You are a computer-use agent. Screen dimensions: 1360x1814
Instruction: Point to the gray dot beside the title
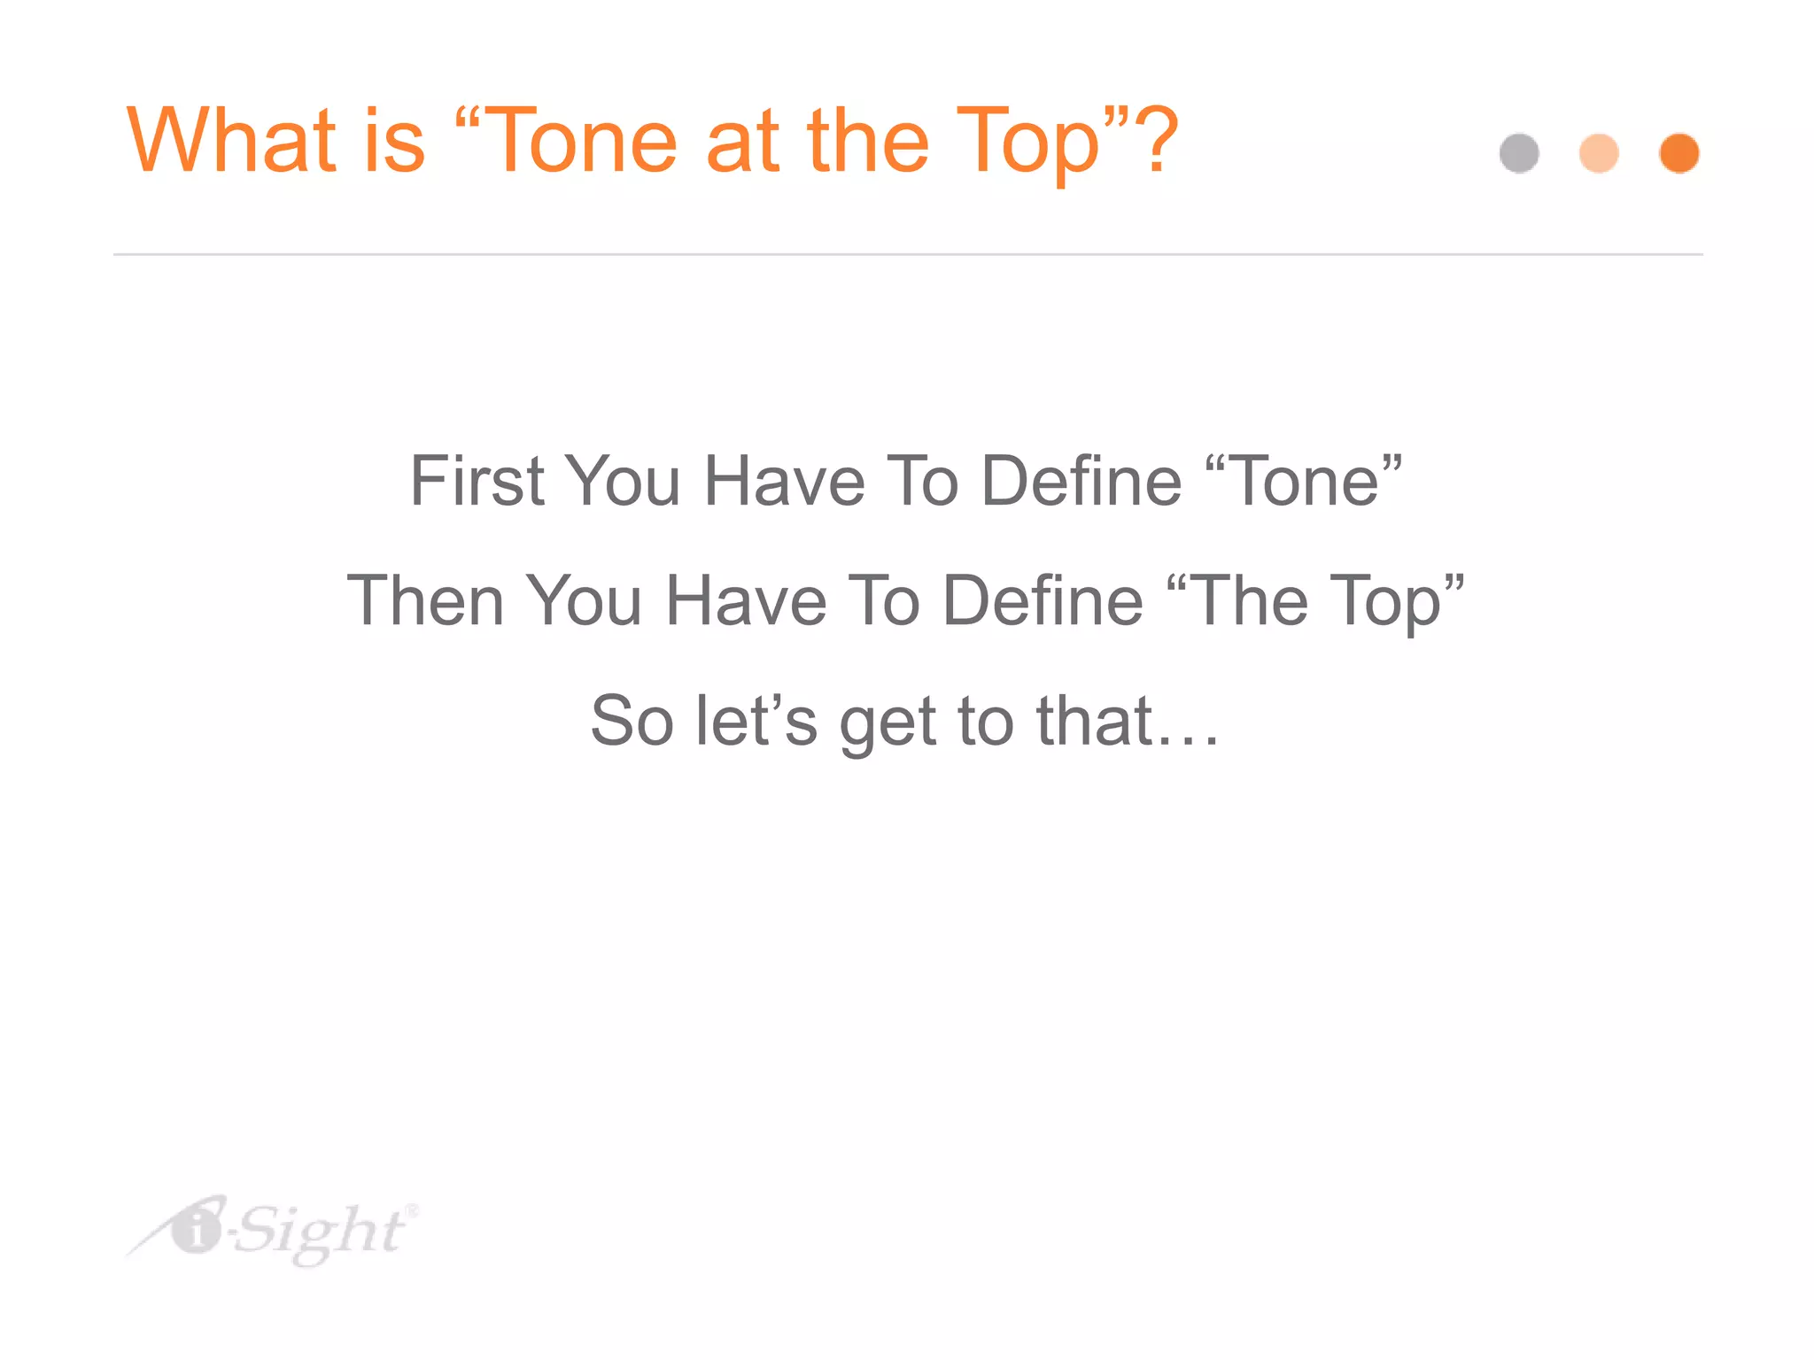coord(1519,153)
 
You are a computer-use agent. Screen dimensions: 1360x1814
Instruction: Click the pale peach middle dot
coord(1599,153)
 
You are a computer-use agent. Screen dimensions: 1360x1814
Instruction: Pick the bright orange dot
coord(1678,153)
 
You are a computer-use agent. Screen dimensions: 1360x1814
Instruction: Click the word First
coord(477,481)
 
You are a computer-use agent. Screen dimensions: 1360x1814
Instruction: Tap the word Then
coord(425,600)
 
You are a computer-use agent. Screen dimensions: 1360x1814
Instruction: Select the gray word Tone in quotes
coord(1306,481)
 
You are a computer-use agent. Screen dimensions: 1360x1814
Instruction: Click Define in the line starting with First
coord(1081,481)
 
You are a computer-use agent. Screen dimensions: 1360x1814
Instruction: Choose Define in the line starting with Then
coord(1043,600)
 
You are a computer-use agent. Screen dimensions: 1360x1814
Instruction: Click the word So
coord(632,721)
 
